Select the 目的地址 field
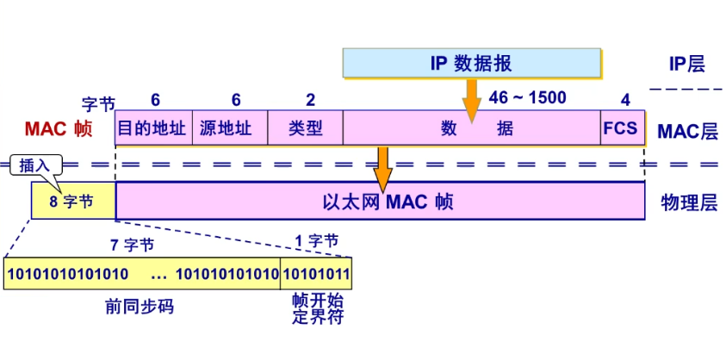tap(152, 128)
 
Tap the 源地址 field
tap(229, 128)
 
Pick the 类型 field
tap(305, 128)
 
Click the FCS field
tap(620, 128)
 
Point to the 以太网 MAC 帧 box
tap(380, 201)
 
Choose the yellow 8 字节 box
tap(73, 201)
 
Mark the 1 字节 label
tap(316, 241)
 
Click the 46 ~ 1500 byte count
tap(527, 98)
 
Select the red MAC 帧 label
tap(58, 129)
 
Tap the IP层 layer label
tap(686, 64)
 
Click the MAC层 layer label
tap(686, 131)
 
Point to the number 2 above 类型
tap(310, 100)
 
